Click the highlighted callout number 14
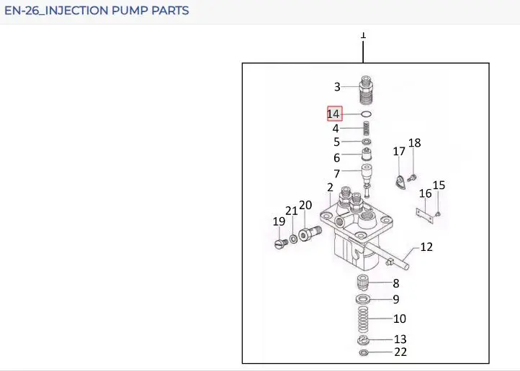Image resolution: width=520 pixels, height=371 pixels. click(334, 114)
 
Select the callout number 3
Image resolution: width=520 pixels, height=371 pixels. click(337, 87)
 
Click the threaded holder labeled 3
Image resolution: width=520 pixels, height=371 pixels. click(366, 90)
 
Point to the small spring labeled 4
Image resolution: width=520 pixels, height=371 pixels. click(366, 129)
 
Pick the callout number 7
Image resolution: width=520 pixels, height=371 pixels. click(336, 173)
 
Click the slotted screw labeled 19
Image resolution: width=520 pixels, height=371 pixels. click(282, 244)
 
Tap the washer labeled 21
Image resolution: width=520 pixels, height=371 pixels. click(294, 239)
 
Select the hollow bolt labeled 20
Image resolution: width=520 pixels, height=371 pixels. click(310, 233)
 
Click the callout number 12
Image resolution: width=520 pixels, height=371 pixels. click(426, 247)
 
